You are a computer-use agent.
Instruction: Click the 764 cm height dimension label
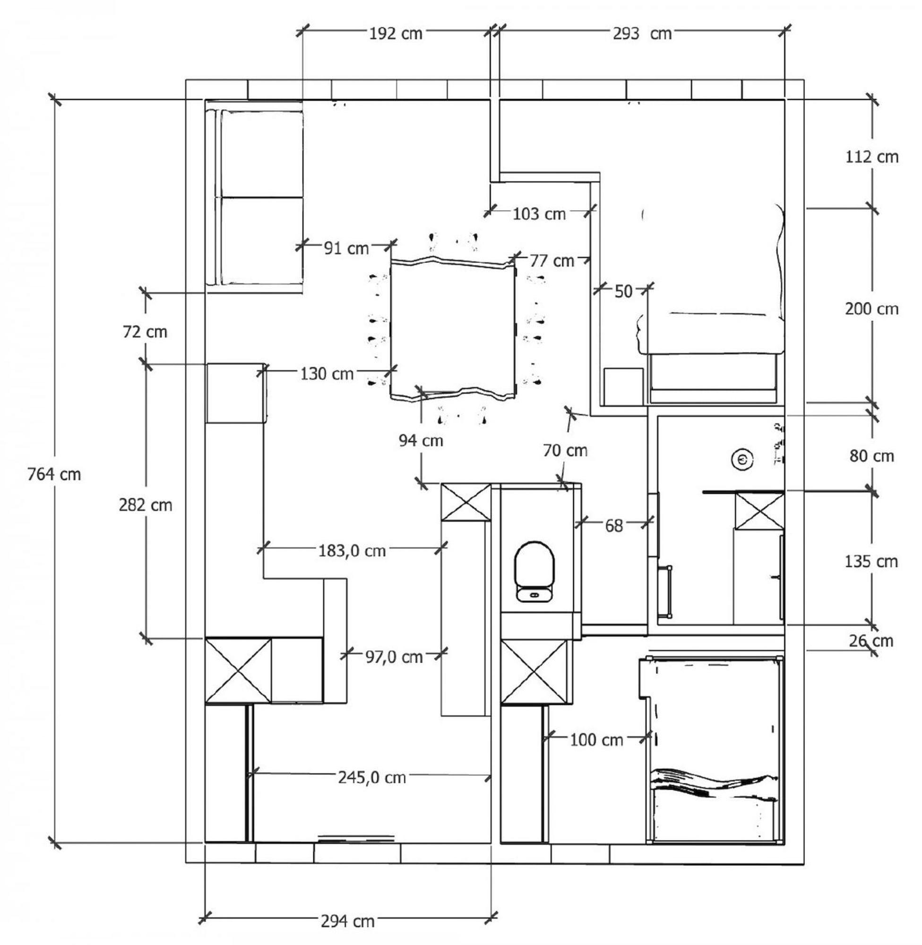[54, 474]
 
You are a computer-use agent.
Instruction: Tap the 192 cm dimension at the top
[396, 34]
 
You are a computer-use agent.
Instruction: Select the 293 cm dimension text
[642, 34]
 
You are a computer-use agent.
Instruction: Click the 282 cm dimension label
[145, 505]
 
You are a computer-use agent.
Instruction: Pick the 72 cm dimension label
[145, 332]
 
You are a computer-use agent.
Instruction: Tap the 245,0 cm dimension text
[372, 777]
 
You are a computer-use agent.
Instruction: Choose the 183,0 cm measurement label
[352, 551]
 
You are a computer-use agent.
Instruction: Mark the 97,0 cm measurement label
[394, 657]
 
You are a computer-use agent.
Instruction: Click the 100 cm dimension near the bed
[596, 740]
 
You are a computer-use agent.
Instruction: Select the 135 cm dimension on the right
[871, 562]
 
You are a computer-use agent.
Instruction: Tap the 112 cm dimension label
[871, 157]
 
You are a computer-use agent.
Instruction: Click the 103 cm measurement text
[539, 214]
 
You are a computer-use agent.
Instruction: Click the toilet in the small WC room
[534, 572]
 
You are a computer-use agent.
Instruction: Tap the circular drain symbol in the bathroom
[743, 458]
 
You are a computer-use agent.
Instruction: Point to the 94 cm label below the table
[421, 440]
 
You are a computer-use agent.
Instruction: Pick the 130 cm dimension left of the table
[327, 374]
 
